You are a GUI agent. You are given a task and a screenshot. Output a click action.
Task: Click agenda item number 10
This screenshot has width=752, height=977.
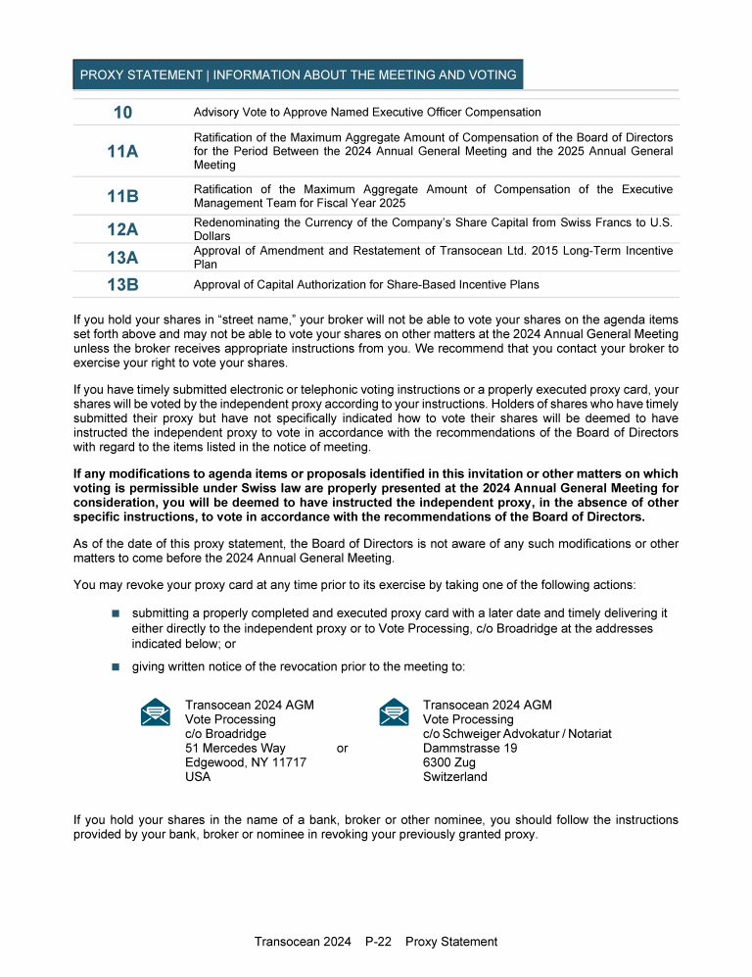(122, 113)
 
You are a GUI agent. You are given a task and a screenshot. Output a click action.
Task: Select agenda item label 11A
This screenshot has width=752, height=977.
(122, 152)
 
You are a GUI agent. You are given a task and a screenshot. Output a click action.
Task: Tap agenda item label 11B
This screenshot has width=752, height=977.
(122, 196)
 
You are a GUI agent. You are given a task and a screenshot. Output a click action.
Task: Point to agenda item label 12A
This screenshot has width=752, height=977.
(122, 229)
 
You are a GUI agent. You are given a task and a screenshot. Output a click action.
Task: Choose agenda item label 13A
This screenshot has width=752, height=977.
(122, 258)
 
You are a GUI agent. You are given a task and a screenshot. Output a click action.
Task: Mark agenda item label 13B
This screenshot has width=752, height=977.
(122, 285)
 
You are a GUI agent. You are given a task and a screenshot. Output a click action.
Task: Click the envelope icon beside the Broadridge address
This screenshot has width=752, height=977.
(156, 712)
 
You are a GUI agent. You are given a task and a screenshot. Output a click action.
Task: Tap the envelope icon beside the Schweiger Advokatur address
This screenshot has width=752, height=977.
(394, 712)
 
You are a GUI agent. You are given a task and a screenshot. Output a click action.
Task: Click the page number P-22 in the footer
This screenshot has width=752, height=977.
(378, 942)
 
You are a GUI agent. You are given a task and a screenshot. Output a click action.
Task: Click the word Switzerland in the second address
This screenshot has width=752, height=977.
(454, 777)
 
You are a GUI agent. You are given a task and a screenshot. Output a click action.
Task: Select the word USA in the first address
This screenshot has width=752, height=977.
(198, 777)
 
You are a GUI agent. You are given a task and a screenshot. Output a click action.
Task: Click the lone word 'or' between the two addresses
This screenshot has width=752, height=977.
(342, 749)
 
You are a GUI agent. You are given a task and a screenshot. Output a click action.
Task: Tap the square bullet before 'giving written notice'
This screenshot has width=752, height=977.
(114, 666)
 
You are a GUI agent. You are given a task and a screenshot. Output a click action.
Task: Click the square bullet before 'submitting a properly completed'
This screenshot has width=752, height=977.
(114, 612)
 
